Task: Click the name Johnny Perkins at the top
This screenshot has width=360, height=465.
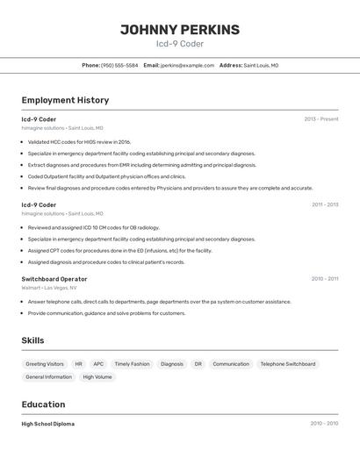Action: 179,29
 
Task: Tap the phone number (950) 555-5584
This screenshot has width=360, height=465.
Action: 119,65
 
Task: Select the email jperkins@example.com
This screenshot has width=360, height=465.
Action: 187,65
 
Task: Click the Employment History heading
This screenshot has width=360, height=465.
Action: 65,100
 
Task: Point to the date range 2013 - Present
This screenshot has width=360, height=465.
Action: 320,118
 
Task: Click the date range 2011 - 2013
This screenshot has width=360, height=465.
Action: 324,204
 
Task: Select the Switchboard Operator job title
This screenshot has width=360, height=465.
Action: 54,279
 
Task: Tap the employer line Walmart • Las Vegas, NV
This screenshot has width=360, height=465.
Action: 49,288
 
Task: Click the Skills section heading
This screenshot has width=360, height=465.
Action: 32,340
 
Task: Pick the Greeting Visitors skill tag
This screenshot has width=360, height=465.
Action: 45,363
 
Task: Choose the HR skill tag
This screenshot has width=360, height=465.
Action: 78,363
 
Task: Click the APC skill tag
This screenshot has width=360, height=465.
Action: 98,363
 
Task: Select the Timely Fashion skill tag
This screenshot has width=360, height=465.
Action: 132,363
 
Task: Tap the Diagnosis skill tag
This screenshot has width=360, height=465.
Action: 172,363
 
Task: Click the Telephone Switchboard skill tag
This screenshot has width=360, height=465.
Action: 287,363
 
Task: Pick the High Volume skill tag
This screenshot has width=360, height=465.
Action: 97,376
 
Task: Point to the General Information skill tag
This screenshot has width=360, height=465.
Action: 48,376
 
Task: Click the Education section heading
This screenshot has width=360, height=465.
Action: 43,404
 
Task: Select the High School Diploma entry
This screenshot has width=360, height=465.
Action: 48,424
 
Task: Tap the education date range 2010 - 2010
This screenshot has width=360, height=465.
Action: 324,424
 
